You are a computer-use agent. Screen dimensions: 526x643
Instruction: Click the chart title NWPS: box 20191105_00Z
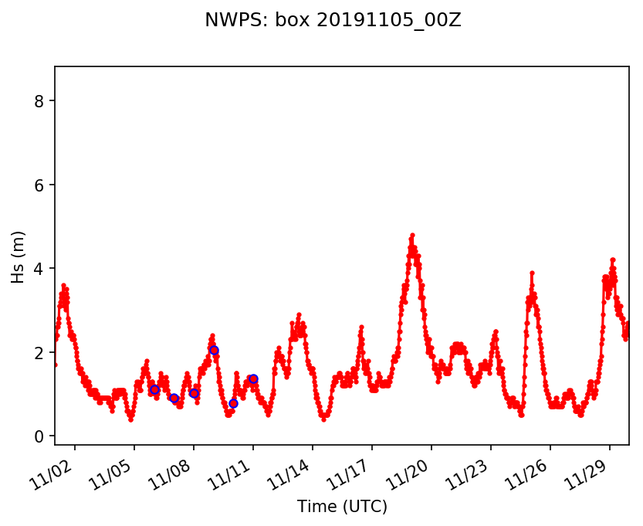(x=333, y=21)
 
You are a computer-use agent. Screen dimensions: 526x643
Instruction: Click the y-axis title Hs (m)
(x=19, y=256)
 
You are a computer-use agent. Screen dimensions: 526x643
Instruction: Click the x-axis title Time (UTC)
(x=342, y=507)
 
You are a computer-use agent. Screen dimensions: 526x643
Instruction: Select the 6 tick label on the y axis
(x=40, y=185)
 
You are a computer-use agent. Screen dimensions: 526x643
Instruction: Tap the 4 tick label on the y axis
(x=40, y=269)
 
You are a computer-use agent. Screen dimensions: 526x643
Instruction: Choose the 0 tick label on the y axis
(x=40, y=436)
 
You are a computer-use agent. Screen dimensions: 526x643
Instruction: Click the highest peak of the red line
(x=412, y=235)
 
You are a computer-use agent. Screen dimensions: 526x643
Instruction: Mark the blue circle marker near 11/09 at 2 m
(x=214, y=351)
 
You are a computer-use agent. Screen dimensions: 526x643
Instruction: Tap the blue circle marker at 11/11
(x=253, y=378)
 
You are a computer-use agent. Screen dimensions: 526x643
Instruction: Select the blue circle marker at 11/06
(x=154, y=390)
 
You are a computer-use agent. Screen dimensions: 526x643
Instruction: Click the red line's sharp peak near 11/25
(x=532, y=273)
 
